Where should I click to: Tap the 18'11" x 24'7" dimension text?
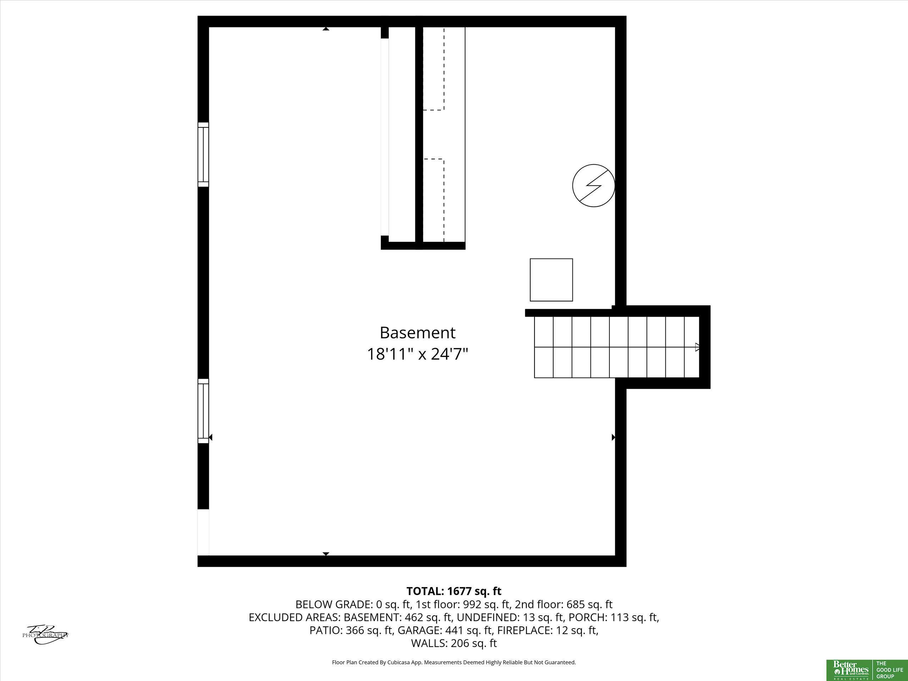click(x=417, y=354)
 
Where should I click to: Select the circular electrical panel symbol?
click(x=593, y=186)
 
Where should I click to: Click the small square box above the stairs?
click(x=551, y=280)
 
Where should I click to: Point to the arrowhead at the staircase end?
click(x=697, y=347)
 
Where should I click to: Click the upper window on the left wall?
click(x=203, y=155)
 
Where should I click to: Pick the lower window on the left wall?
click(x=203, y=411)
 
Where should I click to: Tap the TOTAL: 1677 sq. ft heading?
click(x=454, y=591)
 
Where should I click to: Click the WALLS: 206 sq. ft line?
click(x=454, y=643)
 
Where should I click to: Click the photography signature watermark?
click(x=45, y=635)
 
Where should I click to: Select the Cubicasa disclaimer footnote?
click(x=454, y=662)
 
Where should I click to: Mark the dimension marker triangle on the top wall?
click(x=326, y=29)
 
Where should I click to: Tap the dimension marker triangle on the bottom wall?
click(x=326, y=554)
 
